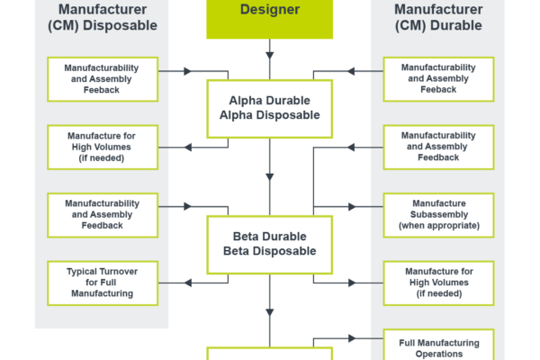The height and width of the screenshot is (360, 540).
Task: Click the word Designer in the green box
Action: coord(269,11)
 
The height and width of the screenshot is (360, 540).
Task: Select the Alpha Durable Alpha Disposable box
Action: coord(269,108)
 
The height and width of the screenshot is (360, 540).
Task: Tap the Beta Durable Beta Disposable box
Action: coord(269,244)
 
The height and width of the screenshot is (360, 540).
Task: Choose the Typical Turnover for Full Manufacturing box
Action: coord(103,283)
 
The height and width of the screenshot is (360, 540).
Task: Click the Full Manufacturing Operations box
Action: coord(439,347)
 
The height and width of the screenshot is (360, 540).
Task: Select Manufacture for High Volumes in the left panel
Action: coord(103,147)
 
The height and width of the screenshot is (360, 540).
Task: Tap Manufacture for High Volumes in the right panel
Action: coord(439,283)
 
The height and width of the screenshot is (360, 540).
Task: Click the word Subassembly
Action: coord(439,214)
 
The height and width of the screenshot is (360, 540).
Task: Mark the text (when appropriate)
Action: coord(439,226)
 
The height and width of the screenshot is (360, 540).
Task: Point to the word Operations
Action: coord(439,354)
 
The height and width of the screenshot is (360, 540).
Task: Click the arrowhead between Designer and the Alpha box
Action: coord(269,56)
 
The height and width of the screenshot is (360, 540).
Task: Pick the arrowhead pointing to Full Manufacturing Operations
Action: coord(353,338)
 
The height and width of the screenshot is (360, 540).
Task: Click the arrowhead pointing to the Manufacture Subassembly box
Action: coord(353,206)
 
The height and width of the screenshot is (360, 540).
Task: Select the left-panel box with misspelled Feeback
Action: coord(103,79)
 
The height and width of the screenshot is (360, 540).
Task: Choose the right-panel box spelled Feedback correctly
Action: coord(439,147)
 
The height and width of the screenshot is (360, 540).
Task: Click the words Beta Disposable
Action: coord(269,251)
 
